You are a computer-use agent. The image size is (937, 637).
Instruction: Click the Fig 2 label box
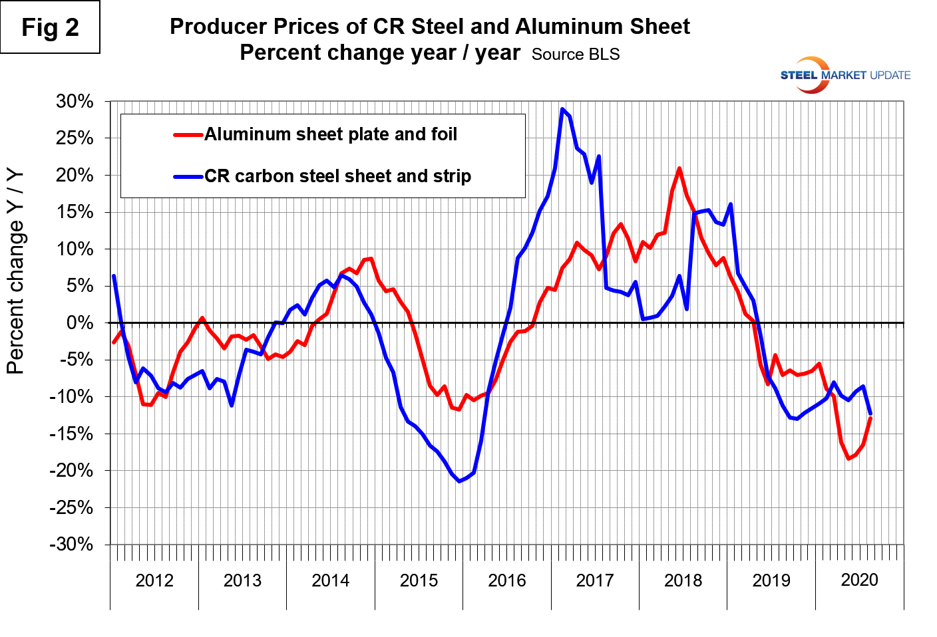[x=50, y=27]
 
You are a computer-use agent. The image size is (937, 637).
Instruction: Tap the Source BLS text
[x=576, y=55]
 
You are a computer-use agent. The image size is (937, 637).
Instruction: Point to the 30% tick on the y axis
[x=75, y=102]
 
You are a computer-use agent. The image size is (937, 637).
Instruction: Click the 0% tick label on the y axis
[x=81, y=323]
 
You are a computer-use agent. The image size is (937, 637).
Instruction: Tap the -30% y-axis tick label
[x=71, y=544]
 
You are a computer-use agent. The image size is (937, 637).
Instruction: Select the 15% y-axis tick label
[x=75, y=212]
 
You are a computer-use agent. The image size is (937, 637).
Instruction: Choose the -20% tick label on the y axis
[x=71, y=470]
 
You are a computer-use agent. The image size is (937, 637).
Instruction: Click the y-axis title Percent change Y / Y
[x=15, y=272]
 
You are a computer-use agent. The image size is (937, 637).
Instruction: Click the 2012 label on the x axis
[x=154, y=580]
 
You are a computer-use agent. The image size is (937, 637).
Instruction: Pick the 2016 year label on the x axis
[x=506, y=580]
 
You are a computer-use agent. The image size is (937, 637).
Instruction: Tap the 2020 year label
[x=859, y=580]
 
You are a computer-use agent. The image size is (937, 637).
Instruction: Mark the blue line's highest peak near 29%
[x=562, y=109]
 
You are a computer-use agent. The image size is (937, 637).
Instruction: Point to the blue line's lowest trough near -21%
[x=459, y=481]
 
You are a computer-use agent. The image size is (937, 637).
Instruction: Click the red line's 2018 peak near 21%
[x=679, y=168]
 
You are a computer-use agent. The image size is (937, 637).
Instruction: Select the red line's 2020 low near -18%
[x=848, y=458]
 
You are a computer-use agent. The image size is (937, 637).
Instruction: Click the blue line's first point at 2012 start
[x=114, y=276]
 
